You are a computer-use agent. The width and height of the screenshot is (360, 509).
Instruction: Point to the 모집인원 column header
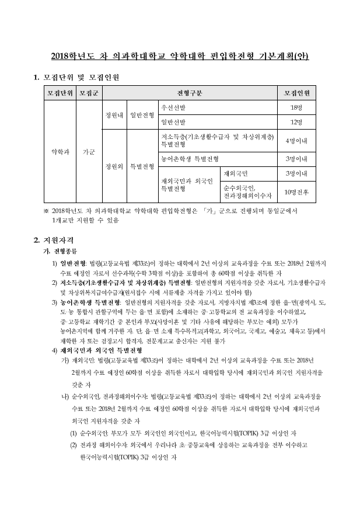[x=296, y=93]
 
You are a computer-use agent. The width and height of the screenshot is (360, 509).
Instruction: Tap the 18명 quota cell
[x=296, y=108]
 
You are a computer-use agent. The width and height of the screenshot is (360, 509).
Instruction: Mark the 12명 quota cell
[x=296, y=122]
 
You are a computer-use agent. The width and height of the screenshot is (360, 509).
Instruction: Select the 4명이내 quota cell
[x=296, y=141]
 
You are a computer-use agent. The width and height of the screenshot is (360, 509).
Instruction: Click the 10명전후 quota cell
[x=296, y=191]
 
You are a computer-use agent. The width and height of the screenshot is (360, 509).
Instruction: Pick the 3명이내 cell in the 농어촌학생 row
[x=296, y=158]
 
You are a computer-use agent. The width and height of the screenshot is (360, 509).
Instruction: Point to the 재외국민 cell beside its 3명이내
[x=236, y=173]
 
